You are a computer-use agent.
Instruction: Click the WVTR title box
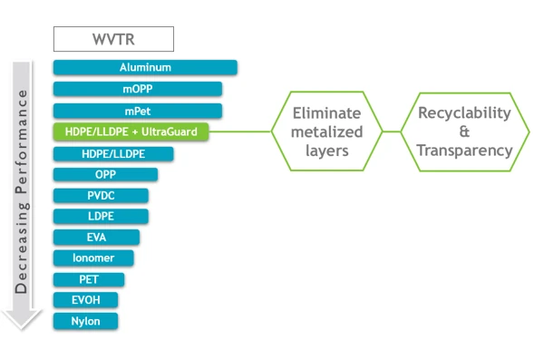pos(112,39)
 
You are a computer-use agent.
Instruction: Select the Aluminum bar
pos(145,67)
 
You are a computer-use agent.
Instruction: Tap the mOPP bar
pos(138,89)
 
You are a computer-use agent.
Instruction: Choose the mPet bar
pos(136,111)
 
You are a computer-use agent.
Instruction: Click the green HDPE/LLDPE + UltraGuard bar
pos(131,132)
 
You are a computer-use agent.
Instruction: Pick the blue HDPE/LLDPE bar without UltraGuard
pos(113,154)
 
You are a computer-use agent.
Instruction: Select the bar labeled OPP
pos(105,174)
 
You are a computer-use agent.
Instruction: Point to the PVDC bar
pos(101,195)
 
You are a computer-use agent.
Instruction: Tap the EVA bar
pos(96,237)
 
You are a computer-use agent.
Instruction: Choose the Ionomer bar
pos(93,258)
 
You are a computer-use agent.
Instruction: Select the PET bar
pos(89,279)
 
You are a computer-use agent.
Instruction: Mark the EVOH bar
pos(85,299)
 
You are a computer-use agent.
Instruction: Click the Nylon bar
pos(85,321)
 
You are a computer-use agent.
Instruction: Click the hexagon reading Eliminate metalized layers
pos(326,131)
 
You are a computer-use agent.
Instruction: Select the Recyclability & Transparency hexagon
pos(464,131)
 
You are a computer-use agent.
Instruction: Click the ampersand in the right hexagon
pos(464,132)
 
